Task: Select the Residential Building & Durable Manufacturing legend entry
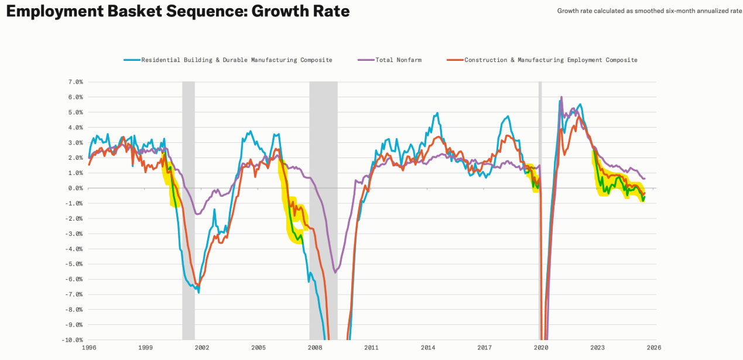click(x=237, y=60)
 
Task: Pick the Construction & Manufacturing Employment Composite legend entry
click(x=550, y=60)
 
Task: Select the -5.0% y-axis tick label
click(x=75, y=264)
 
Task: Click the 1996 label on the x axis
click(x=89, y=348)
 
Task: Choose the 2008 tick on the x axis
click(x=315, y=348)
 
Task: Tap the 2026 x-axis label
click(x=654, y=348)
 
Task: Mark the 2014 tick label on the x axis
click(x=428, y=348)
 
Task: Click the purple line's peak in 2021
click(x=561, y=97)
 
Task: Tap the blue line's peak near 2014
click(x=437, y=113)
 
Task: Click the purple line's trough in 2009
click(x=335, y=272)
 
